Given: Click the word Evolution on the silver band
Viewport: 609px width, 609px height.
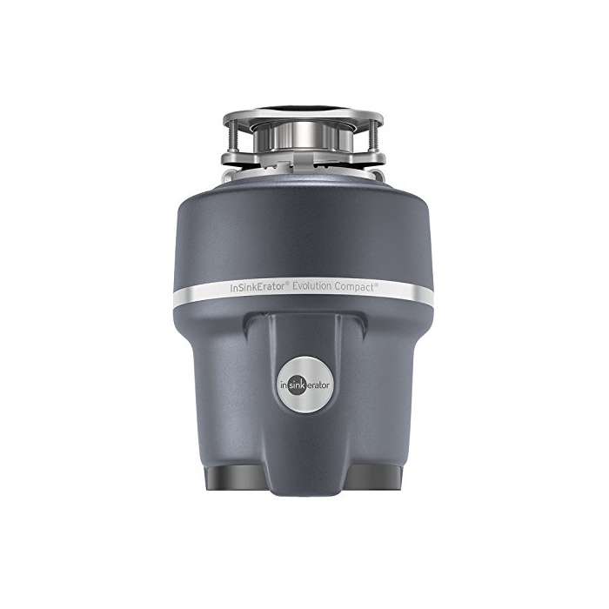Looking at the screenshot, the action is (311, 286).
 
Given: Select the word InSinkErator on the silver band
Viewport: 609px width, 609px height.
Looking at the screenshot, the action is (258, 287).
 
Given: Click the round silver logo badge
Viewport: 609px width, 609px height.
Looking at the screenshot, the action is (304, 385).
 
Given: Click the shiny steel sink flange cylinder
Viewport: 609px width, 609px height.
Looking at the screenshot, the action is (304, 137).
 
